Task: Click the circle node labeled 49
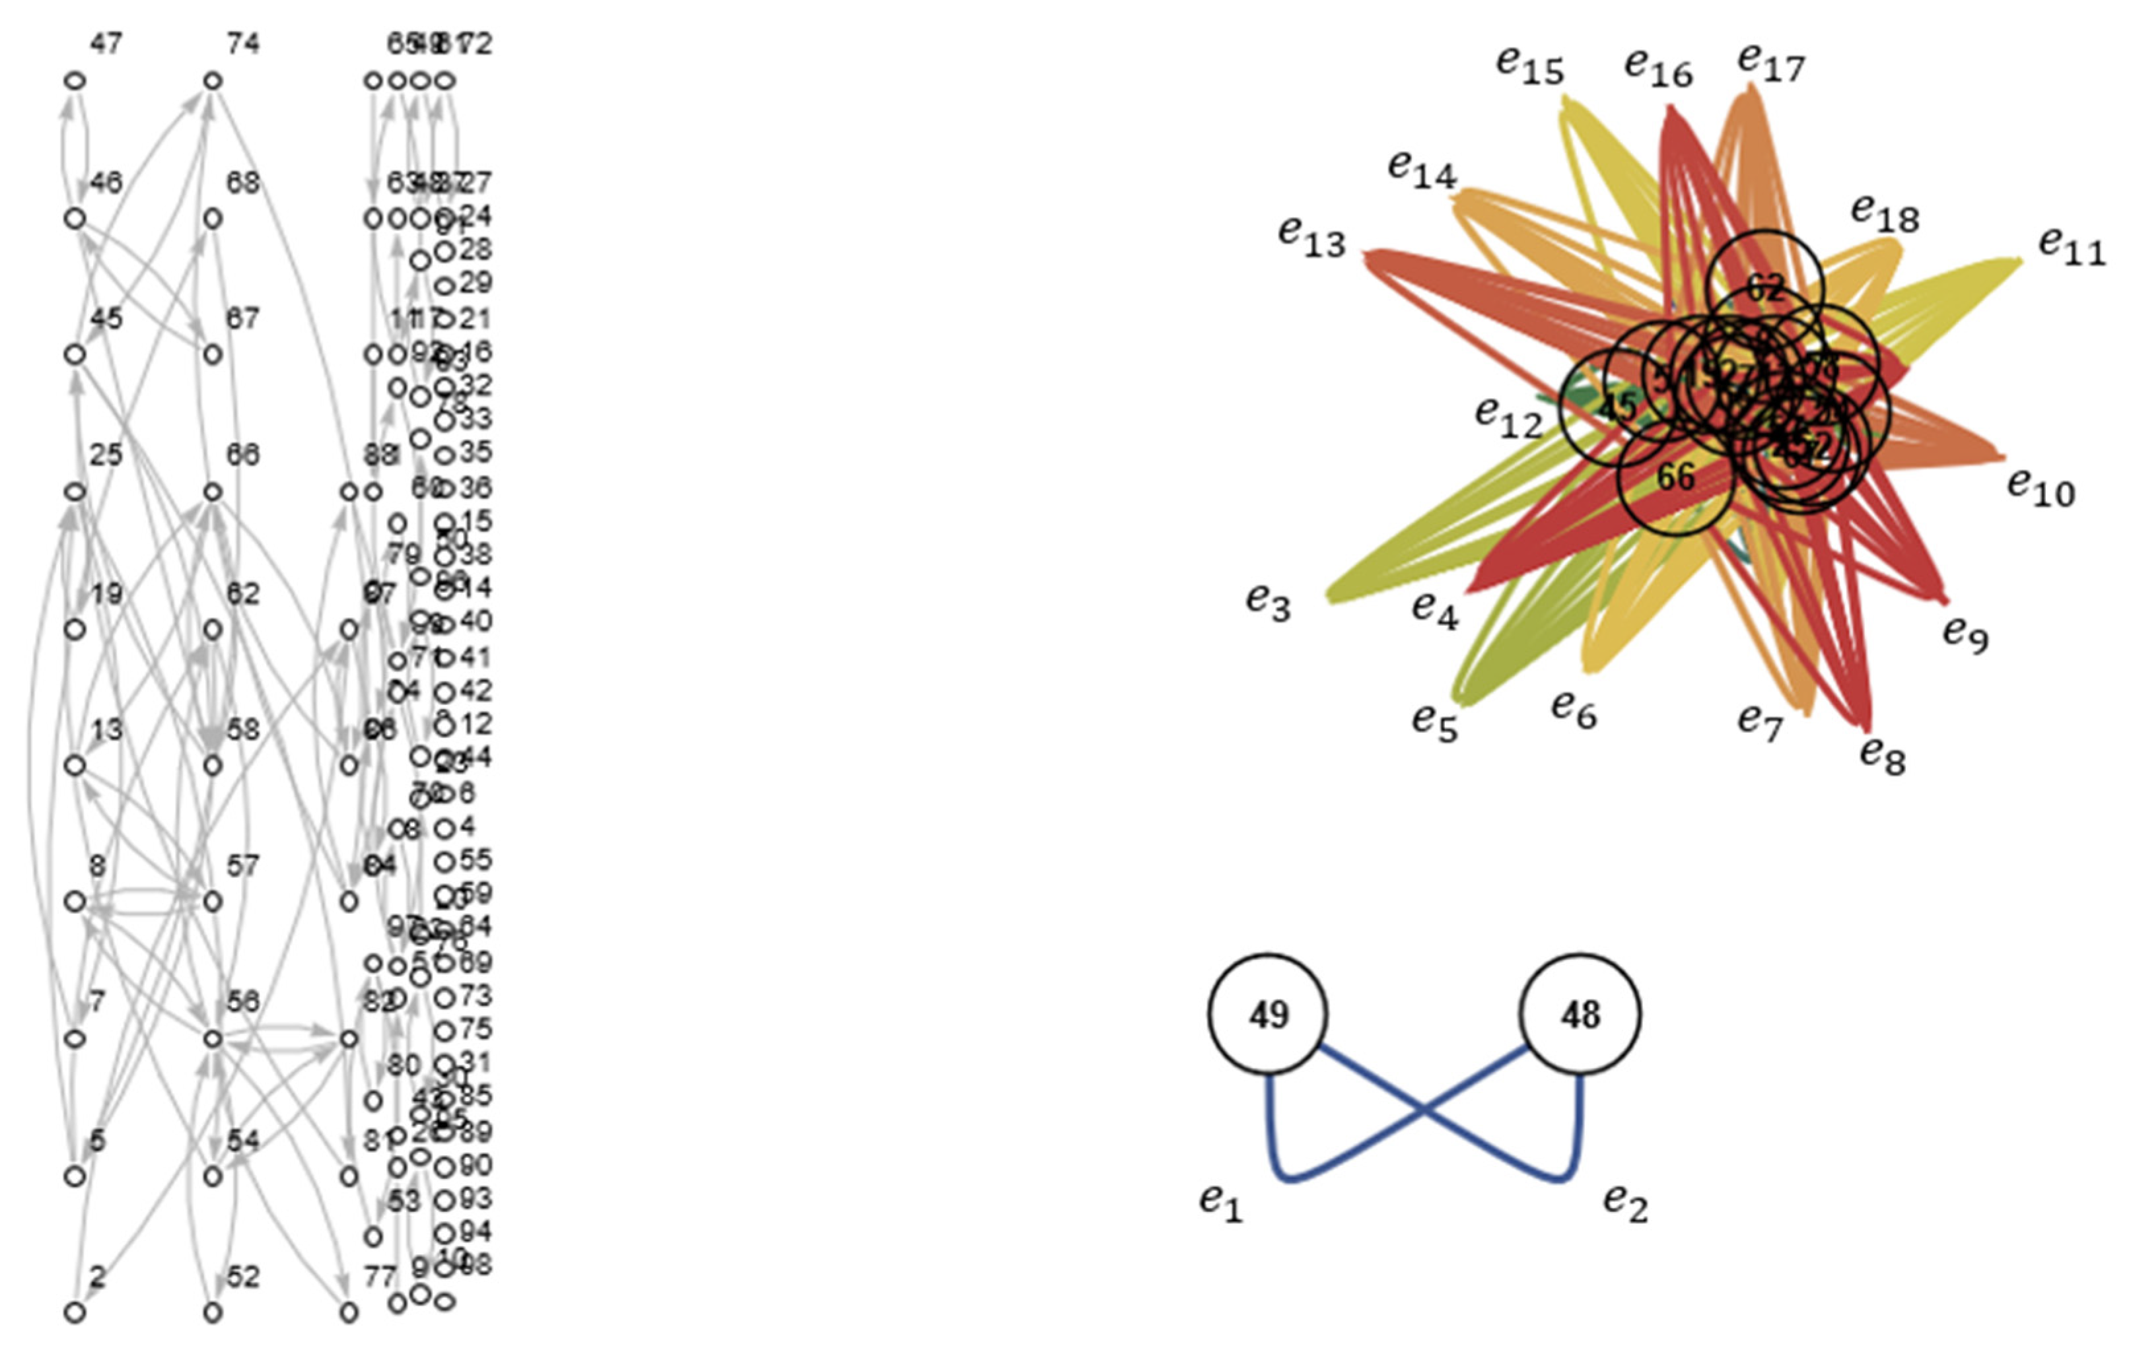click(x=1267, y=1014)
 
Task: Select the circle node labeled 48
click(x=1580, y=1014)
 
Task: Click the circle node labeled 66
click(x=1675, y=478)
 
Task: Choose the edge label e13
click(x=1311, y=237)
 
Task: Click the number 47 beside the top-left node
click(x=106, y=44)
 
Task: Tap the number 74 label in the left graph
click(x=242, y=44)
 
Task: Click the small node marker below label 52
click(x=213, y=1313)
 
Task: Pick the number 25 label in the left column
click(x=106, y=455)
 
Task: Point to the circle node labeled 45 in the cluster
click(x=1617, y=407)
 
